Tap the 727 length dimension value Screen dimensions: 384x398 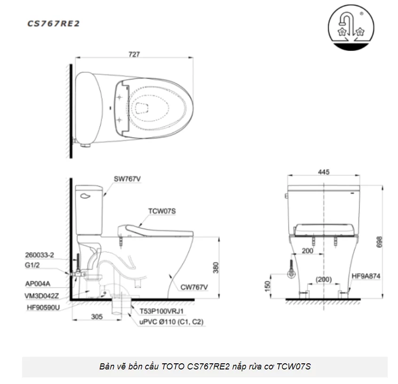134,54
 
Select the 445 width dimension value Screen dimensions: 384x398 323,172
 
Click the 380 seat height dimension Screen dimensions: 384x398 216,267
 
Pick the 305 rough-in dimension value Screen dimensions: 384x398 96,317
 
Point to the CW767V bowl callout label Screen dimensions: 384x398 194,286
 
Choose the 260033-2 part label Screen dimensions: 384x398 39,255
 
